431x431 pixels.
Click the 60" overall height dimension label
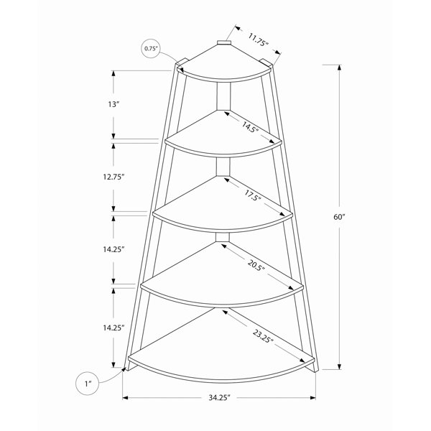(x=339, y=217)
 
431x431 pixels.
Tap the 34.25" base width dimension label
(x=219, y=397)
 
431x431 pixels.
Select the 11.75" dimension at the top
(x=258, y=40)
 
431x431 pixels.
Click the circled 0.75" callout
(x=151, y=49)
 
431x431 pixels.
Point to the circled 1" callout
(x=88, y=384)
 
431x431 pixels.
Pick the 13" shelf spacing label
(x=114, y=104)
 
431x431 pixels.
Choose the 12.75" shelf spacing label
(x=114, y=177)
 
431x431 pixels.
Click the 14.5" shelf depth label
(x=250, y=127)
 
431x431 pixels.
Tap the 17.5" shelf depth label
(x=252, y=195)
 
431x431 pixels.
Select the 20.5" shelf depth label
(x=256, y=266)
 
